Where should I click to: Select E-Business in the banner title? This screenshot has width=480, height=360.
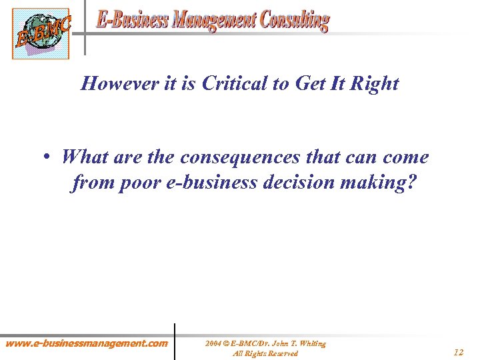point(131,21)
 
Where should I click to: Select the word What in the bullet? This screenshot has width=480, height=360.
point(85,158)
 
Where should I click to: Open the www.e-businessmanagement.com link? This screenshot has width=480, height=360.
point(87,344)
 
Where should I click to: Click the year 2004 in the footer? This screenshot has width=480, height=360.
point(213,344)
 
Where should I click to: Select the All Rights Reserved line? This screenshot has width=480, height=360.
point(265,353)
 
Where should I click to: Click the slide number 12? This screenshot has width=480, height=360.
point(457,352)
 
